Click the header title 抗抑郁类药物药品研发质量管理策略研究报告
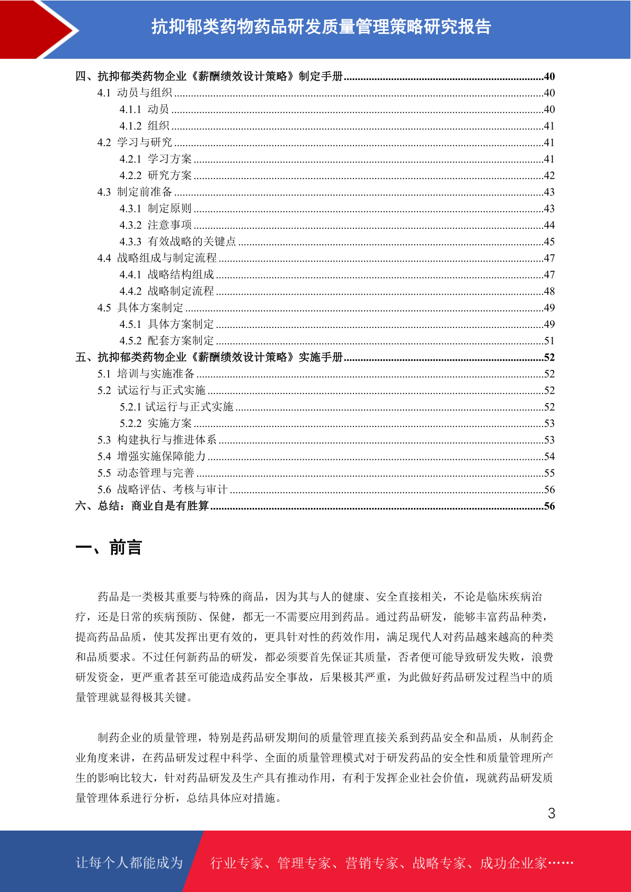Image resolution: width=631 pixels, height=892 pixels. pyautogui.click(x=321, y=26)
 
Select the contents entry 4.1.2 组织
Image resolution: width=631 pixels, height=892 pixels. pyautogui.click(x=144, y=126)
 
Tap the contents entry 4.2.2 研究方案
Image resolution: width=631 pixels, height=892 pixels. pyautogui.click(x=155, y=175)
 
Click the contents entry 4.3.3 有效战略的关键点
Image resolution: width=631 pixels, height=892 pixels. pyautogui.click(x=177, y=242)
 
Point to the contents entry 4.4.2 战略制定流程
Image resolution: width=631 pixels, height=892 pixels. pyautogui.click(x=166, y=291)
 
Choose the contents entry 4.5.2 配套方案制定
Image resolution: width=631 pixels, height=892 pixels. pyautogui.click(x=166, y=341)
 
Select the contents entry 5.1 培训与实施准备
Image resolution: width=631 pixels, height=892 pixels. pyautogui.click(x=146, y=373)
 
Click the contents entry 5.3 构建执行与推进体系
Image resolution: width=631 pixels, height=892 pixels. pyautogui.click(x=157, y=440)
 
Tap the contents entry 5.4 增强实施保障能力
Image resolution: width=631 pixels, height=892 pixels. pyautogui.click(x=152, y=456)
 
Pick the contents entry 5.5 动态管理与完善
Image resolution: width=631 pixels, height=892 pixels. pyautogui.click(x=146, y=473)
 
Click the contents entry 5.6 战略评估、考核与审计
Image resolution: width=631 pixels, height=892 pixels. pyautogui.click(x=162, y=489)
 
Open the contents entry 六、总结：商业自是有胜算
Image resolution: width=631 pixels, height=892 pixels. pyautogui.click(x=142, y=506)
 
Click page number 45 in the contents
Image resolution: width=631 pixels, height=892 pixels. pyautogui.click(x=549, y=242)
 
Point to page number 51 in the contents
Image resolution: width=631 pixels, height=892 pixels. pyautogui.click(x=549, y=341)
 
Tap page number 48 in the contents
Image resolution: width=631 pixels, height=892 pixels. pyautogui.click(x=549, y=291)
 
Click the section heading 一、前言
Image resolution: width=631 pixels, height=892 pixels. pyautogui.click(x=109, y=547)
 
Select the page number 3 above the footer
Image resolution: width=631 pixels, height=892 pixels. pyautogui.click(x=551, y=813)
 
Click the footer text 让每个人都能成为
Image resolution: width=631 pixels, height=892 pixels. pyautogui.click(x=129, y=863)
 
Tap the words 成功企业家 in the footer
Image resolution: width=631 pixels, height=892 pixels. pyautogui.click(x=513, y=863)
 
